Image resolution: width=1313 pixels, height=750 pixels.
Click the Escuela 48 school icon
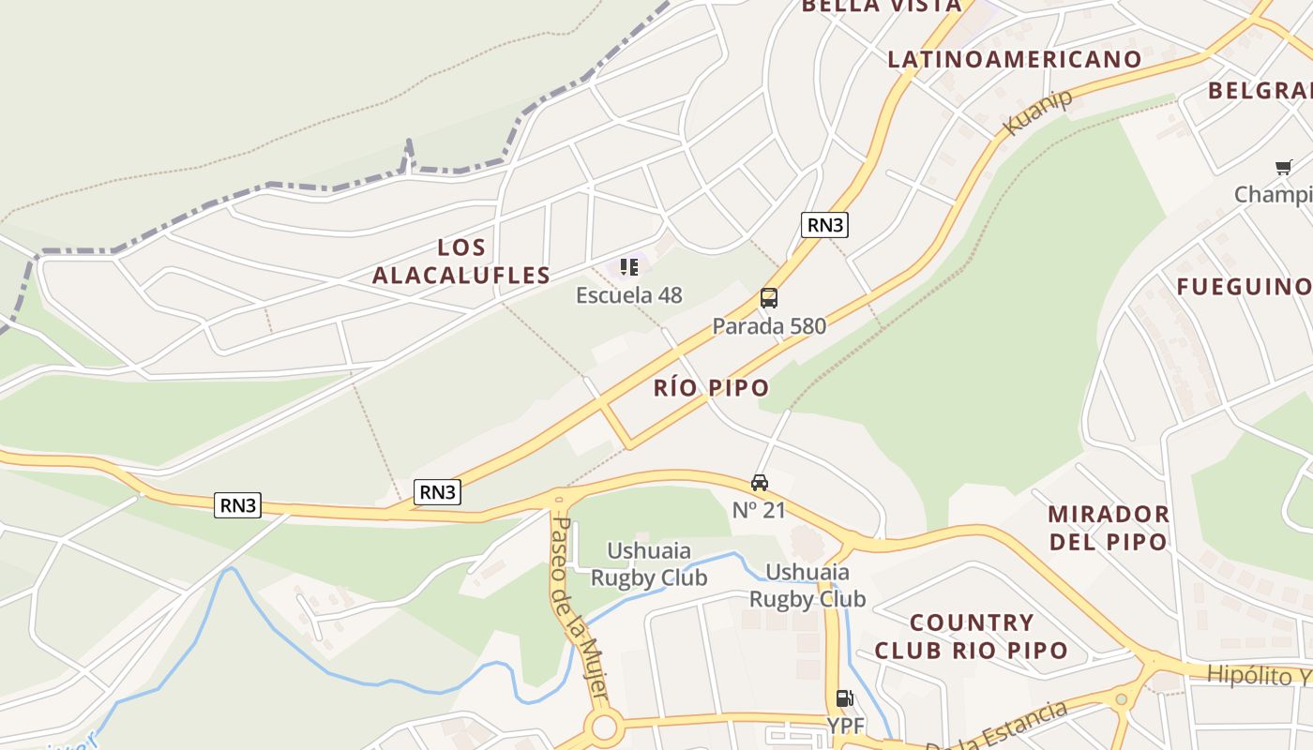(629, 267)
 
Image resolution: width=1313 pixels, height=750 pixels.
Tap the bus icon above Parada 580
(769, 298)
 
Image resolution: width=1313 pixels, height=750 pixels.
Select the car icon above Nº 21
(759, 483)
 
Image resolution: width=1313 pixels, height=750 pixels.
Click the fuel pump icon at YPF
(844, 698)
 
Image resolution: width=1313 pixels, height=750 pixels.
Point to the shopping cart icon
(1283, 168)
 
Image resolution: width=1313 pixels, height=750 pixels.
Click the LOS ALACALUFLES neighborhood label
(461, 262)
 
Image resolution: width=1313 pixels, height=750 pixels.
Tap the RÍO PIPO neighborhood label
(711, 387)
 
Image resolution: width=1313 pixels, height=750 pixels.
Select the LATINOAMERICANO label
(1015, 59)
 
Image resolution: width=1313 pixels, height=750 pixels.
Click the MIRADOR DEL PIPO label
(1108, 528)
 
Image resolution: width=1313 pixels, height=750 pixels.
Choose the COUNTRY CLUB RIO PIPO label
(972, 637)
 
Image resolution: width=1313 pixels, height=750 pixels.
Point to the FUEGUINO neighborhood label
(1244, 287)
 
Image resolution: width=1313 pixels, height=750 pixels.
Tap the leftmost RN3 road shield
(238, 505)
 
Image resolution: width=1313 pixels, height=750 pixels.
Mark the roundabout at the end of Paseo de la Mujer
(605, 727)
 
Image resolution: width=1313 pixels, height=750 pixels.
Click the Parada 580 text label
(769, 326)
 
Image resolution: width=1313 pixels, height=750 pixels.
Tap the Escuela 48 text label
(629, 295)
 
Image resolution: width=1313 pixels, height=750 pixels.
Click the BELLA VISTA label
(881, 6)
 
